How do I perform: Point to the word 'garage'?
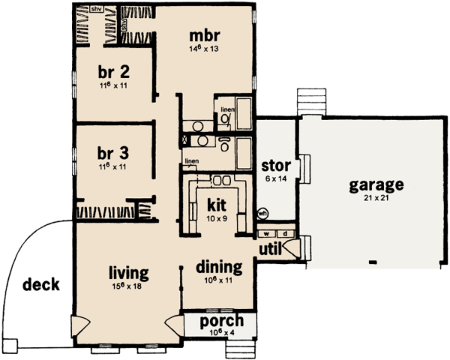(376, 184)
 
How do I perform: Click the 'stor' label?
(275, 164)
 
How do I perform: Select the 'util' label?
(271, 248)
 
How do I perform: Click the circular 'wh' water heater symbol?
(263, 212)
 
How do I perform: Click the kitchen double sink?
(221, 180)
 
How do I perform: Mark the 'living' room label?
(128, 272)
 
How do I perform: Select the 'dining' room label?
(219, 267)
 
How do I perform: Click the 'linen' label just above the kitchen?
(192, 160)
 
